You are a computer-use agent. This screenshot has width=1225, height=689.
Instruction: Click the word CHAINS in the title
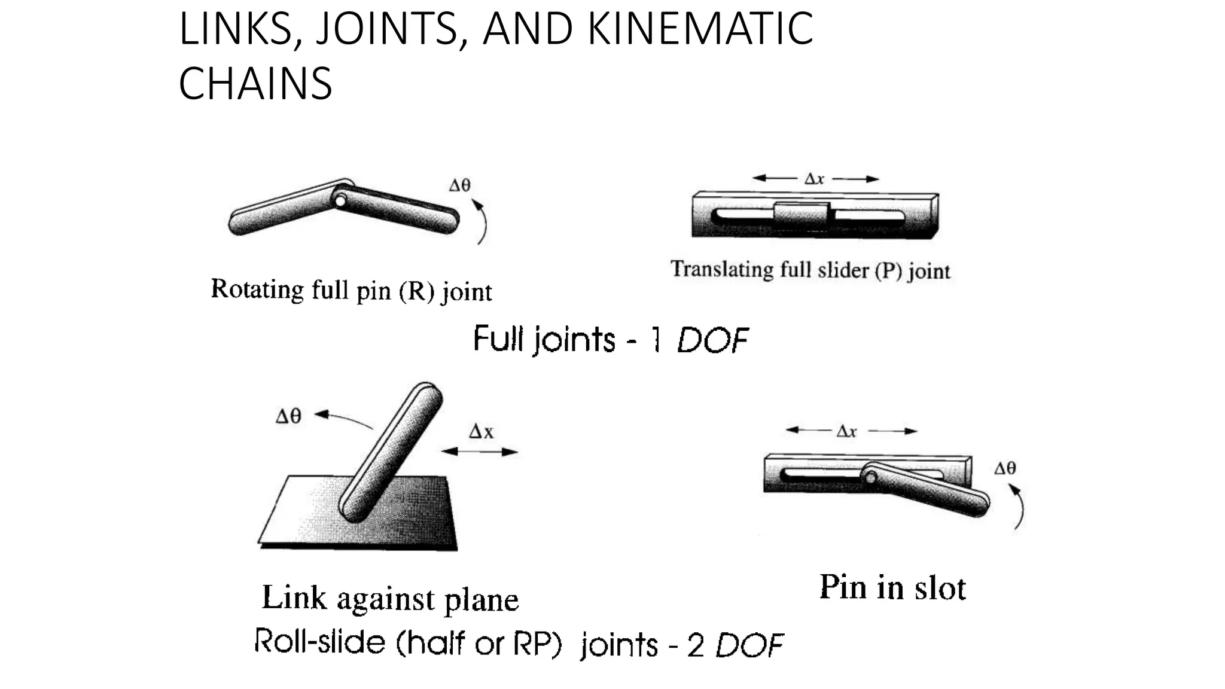255,83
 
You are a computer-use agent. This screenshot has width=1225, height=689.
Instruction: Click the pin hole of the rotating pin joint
340,200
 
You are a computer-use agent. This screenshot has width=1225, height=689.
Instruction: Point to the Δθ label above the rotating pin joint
459,185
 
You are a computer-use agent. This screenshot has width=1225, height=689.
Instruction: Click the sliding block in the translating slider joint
802,214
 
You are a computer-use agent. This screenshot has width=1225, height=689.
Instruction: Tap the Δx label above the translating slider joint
814,179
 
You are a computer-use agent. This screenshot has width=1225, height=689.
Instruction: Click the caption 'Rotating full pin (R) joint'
351,291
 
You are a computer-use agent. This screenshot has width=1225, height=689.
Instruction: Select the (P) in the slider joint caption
888,271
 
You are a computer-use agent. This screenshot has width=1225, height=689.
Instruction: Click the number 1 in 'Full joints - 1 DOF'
656,340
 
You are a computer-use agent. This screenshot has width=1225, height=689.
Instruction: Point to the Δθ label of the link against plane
288,416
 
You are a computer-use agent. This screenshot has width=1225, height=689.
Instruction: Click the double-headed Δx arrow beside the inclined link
479,452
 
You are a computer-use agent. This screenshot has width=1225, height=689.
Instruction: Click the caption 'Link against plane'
390,599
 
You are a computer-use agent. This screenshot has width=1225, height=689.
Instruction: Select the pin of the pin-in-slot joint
871,477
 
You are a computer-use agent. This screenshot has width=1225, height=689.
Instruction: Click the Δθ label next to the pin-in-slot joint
1005,468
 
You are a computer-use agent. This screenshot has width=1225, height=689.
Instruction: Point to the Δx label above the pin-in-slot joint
847,431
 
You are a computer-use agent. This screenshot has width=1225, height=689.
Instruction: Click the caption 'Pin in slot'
892,587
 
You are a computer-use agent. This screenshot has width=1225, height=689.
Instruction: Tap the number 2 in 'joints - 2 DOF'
695,645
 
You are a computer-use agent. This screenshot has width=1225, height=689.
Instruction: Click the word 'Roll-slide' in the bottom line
320,641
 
